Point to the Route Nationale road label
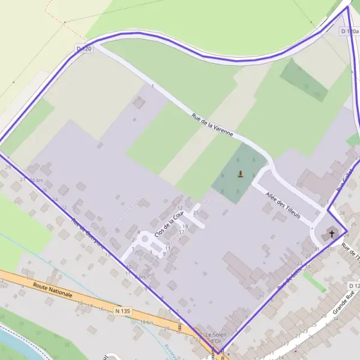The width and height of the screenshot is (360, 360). point(53,291)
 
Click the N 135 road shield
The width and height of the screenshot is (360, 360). point(122,311)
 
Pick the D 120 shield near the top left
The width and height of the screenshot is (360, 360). point(84,48)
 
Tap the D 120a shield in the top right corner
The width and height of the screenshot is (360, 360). point(350,31)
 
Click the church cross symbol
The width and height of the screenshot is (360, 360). point(331,233)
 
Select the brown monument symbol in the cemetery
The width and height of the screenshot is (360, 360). point(241,175)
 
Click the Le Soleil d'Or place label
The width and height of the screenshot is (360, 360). point(214,337)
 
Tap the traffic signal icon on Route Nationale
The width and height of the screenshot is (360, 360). point(180,327)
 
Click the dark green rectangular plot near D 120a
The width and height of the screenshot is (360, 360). point(304,79)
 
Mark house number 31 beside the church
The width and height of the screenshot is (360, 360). point(316,249)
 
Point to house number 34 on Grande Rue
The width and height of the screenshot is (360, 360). point(336,319)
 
